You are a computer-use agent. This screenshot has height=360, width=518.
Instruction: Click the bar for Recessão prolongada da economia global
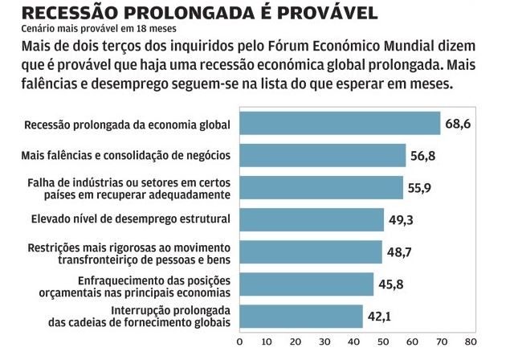pyautogui.click(x=340, y=123)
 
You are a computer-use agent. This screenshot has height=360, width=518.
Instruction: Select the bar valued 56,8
pyautogui.click(x=322, y=154)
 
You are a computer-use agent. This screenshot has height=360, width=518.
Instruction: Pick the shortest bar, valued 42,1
pyautogui.click(x=300, y=316)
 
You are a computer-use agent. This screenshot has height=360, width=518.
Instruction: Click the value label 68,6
pyautogui.click(x=459, y=123)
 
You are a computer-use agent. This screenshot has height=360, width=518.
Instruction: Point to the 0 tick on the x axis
pyautogui.click(x=239, y=340)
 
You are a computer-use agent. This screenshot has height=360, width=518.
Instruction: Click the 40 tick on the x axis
pyautogui.click(x=354, y=340)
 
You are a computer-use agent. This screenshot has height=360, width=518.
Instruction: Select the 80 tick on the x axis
pyautogui.click(x=470, y=340)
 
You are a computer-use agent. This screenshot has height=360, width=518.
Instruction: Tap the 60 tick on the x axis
pyautogui.click(x=412, y=340)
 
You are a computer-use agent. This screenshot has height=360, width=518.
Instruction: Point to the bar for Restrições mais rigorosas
pyautogui.click(x=310, y=252)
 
